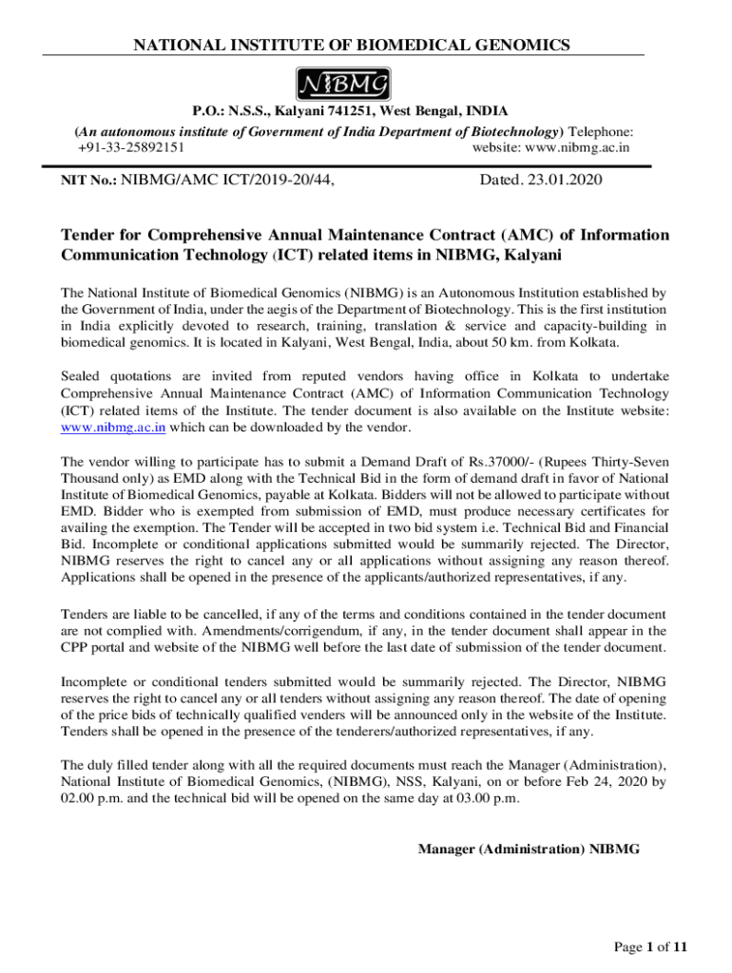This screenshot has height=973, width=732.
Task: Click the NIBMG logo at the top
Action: (x=344, y=85)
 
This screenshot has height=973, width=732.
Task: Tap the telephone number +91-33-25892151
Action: (x=131, y=147)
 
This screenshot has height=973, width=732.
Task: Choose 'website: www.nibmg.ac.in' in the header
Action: (x=552, y=147)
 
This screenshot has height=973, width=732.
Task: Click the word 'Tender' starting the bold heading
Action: (x=87, y=235)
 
